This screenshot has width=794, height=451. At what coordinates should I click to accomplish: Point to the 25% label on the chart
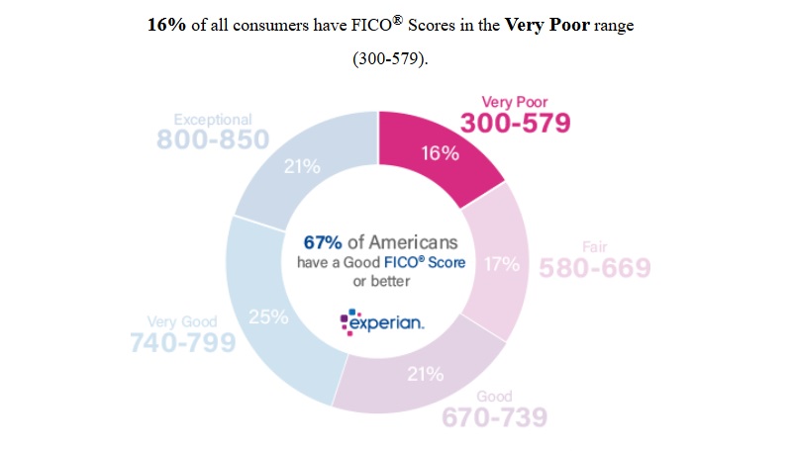tap(268, 317)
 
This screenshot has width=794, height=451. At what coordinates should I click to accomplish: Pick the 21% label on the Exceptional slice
tap(301, 167)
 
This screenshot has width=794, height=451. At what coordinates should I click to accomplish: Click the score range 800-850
tap(212, 139)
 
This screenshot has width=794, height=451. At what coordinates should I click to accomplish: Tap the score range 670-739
tap(493, 417)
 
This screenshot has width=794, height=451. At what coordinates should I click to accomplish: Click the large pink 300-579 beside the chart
tap(516, 123)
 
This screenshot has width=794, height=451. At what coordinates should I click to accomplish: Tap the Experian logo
tap(382, 322)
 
